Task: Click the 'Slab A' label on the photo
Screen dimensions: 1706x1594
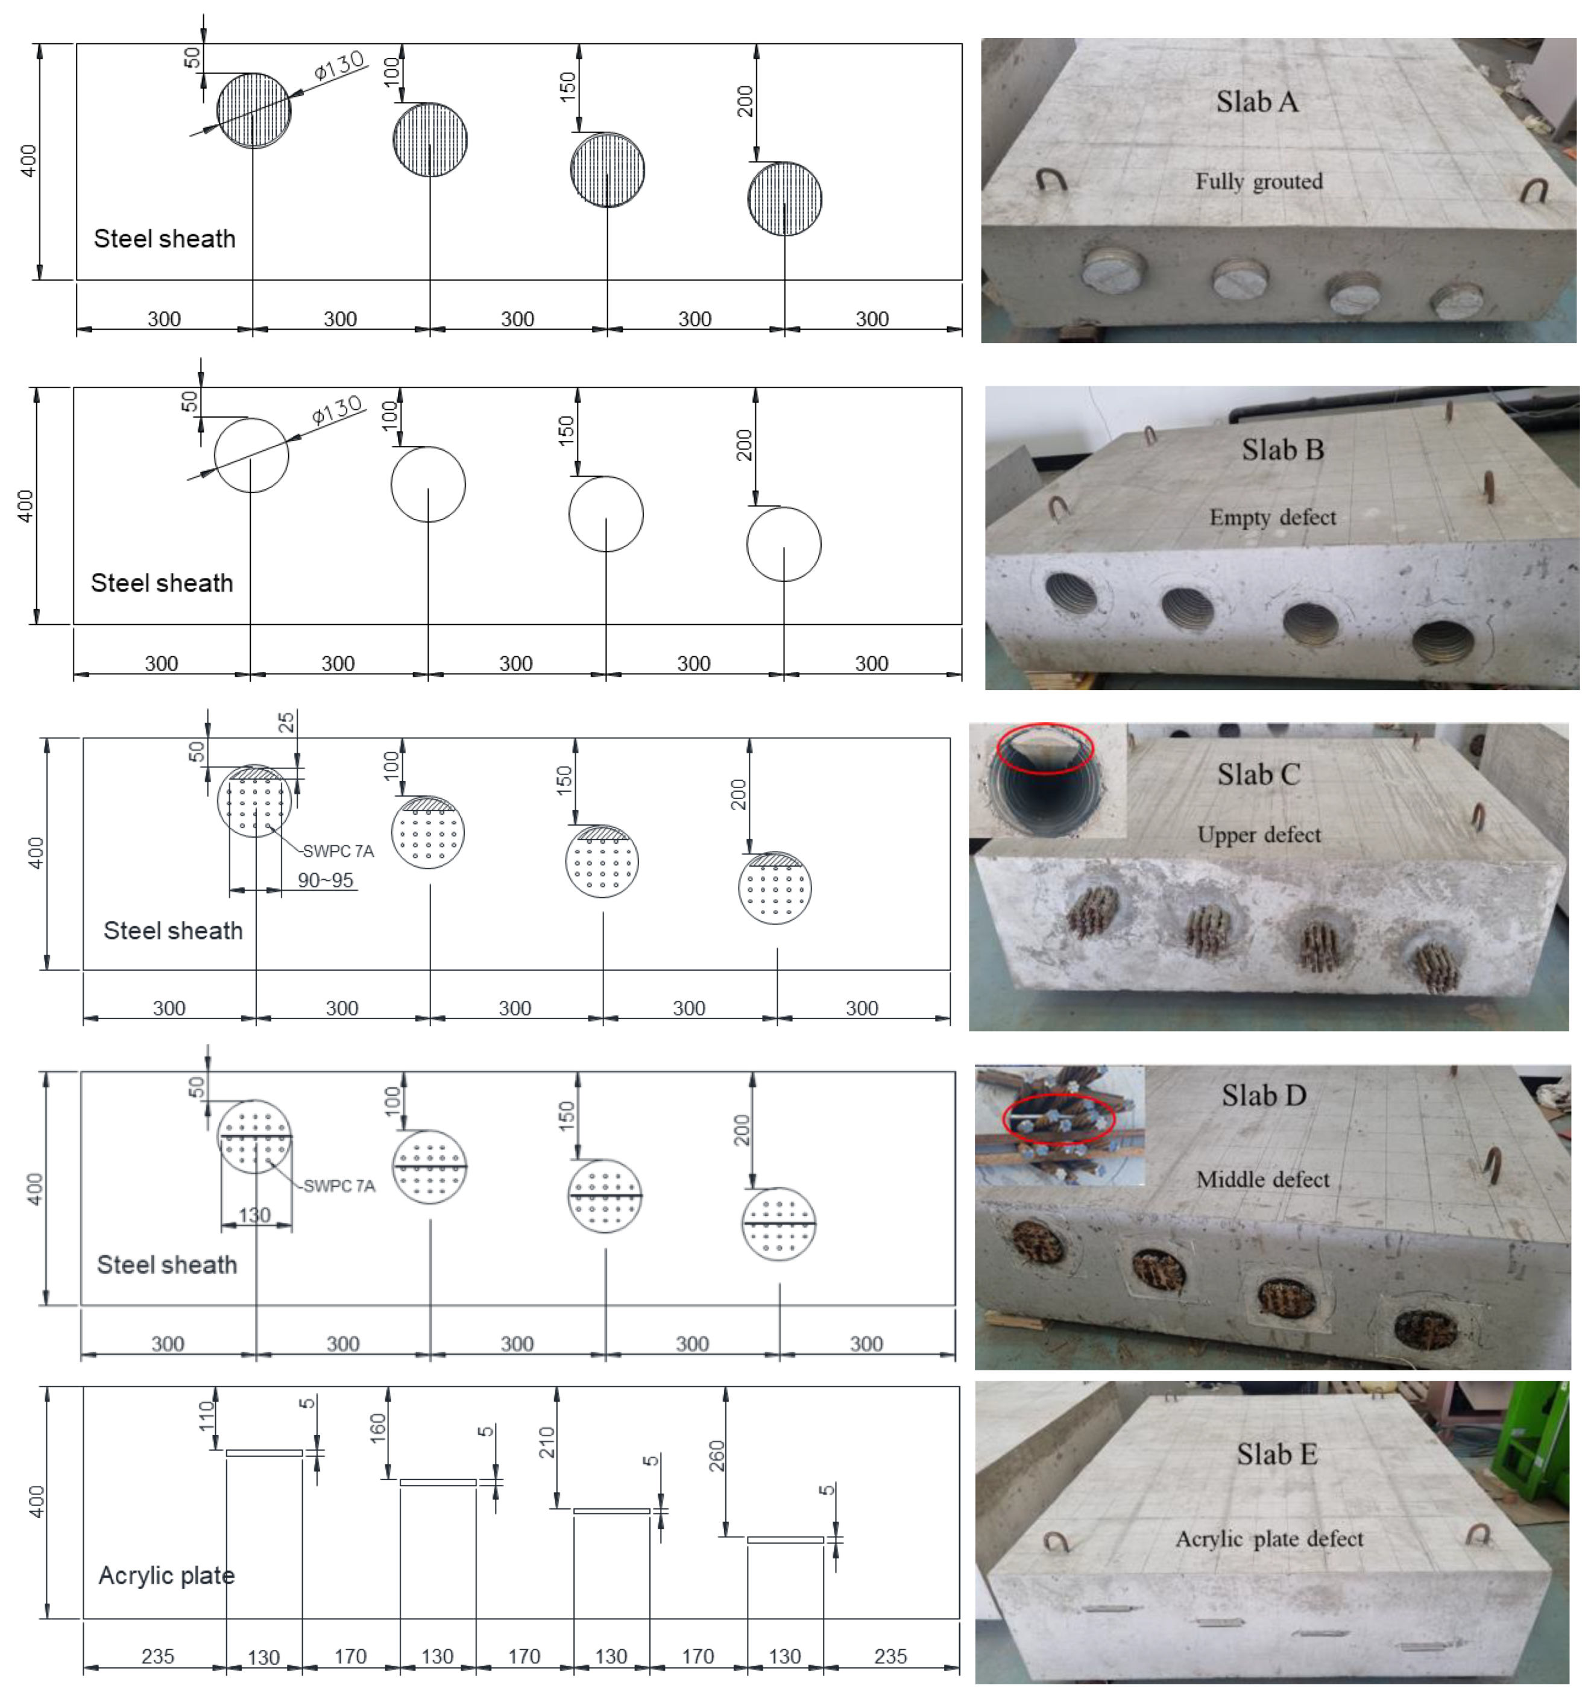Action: (1256, 102)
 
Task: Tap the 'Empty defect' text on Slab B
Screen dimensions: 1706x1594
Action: (1272, 518)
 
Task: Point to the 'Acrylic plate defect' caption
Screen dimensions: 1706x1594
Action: (1268, 1538)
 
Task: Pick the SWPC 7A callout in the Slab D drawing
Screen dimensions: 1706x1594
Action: (339, 1186)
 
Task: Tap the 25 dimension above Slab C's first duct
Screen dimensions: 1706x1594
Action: (288, 722)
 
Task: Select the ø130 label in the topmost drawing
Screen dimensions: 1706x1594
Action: (340, 66)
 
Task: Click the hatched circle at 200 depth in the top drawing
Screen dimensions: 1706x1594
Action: (784, 198)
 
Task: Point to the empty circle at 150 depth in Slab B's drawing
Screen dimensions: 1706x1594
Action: (606, 514)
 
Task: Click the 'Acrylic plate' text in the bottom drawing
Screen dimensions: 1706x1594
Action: (166, 1576)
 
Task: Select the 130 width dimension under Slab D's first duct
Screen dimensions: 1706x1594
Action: (255, 1214)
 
